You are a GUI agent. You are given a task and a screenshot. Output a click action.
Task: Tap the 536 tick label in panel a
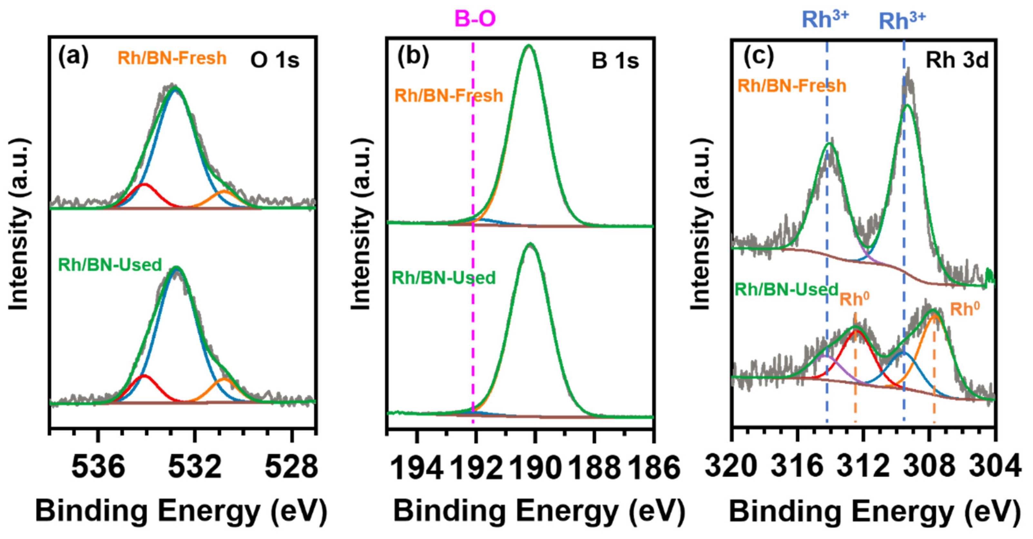[x=98, y=467]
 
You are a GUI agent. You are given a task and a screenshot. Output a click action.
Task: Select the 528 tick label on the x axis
[x=292, y=467]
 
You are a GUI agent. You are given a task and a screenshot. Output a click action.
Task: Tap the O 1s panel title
[x=275, y=60]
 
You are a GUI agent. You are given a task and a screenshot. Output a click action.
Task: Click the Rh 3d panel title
[x=957, y=61]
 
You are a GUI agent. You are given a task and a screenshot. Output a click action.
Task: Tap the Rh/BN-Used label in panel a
[x=110, y=265]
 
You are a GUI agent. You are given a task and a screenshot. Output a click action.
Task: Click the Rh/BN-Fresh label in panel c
[x=792, y=86]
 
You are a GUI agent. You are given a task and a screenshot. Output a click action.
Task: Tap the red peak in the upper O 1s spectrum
[x=144, y=186]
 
